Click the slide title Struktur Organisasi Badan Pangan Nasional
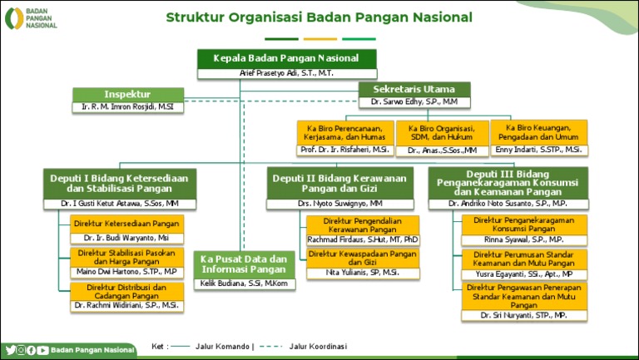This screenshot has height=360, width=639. coord(319,17)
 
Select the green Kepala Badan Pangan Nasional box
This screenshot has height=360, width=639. coord(286,58)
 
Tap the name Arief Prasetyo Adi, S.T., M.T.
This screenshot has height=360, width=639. coord(286,73)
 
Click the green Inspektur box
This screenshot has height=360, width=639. coord(127,94)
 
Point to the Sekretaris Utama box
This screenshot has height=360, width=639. coord(414,89)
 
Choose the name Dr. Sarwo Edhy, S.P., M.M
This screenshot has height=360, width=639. coord(414,102)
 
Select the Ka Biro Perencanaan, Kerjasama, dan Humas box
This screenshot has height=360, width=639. coord(344,133)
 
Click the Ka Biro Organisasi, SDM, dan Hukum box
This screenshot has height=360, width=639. coord(442,133)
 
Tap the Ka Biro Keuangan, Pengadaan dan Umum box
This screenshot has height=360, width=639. coord(538,132)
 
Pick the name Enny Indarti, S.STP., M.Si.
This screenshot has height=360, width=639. coord(538,150)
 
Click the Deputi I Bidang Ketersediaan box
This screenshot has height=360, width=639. coord(119,183)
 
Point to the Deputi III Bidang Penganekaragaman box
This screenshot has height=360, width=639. coord(508,182)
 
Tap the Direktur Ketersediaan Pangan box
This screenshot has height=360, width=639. coord(126,224)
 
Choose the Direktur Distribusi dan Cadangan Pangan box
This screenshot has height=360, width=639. coord(126,291)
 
